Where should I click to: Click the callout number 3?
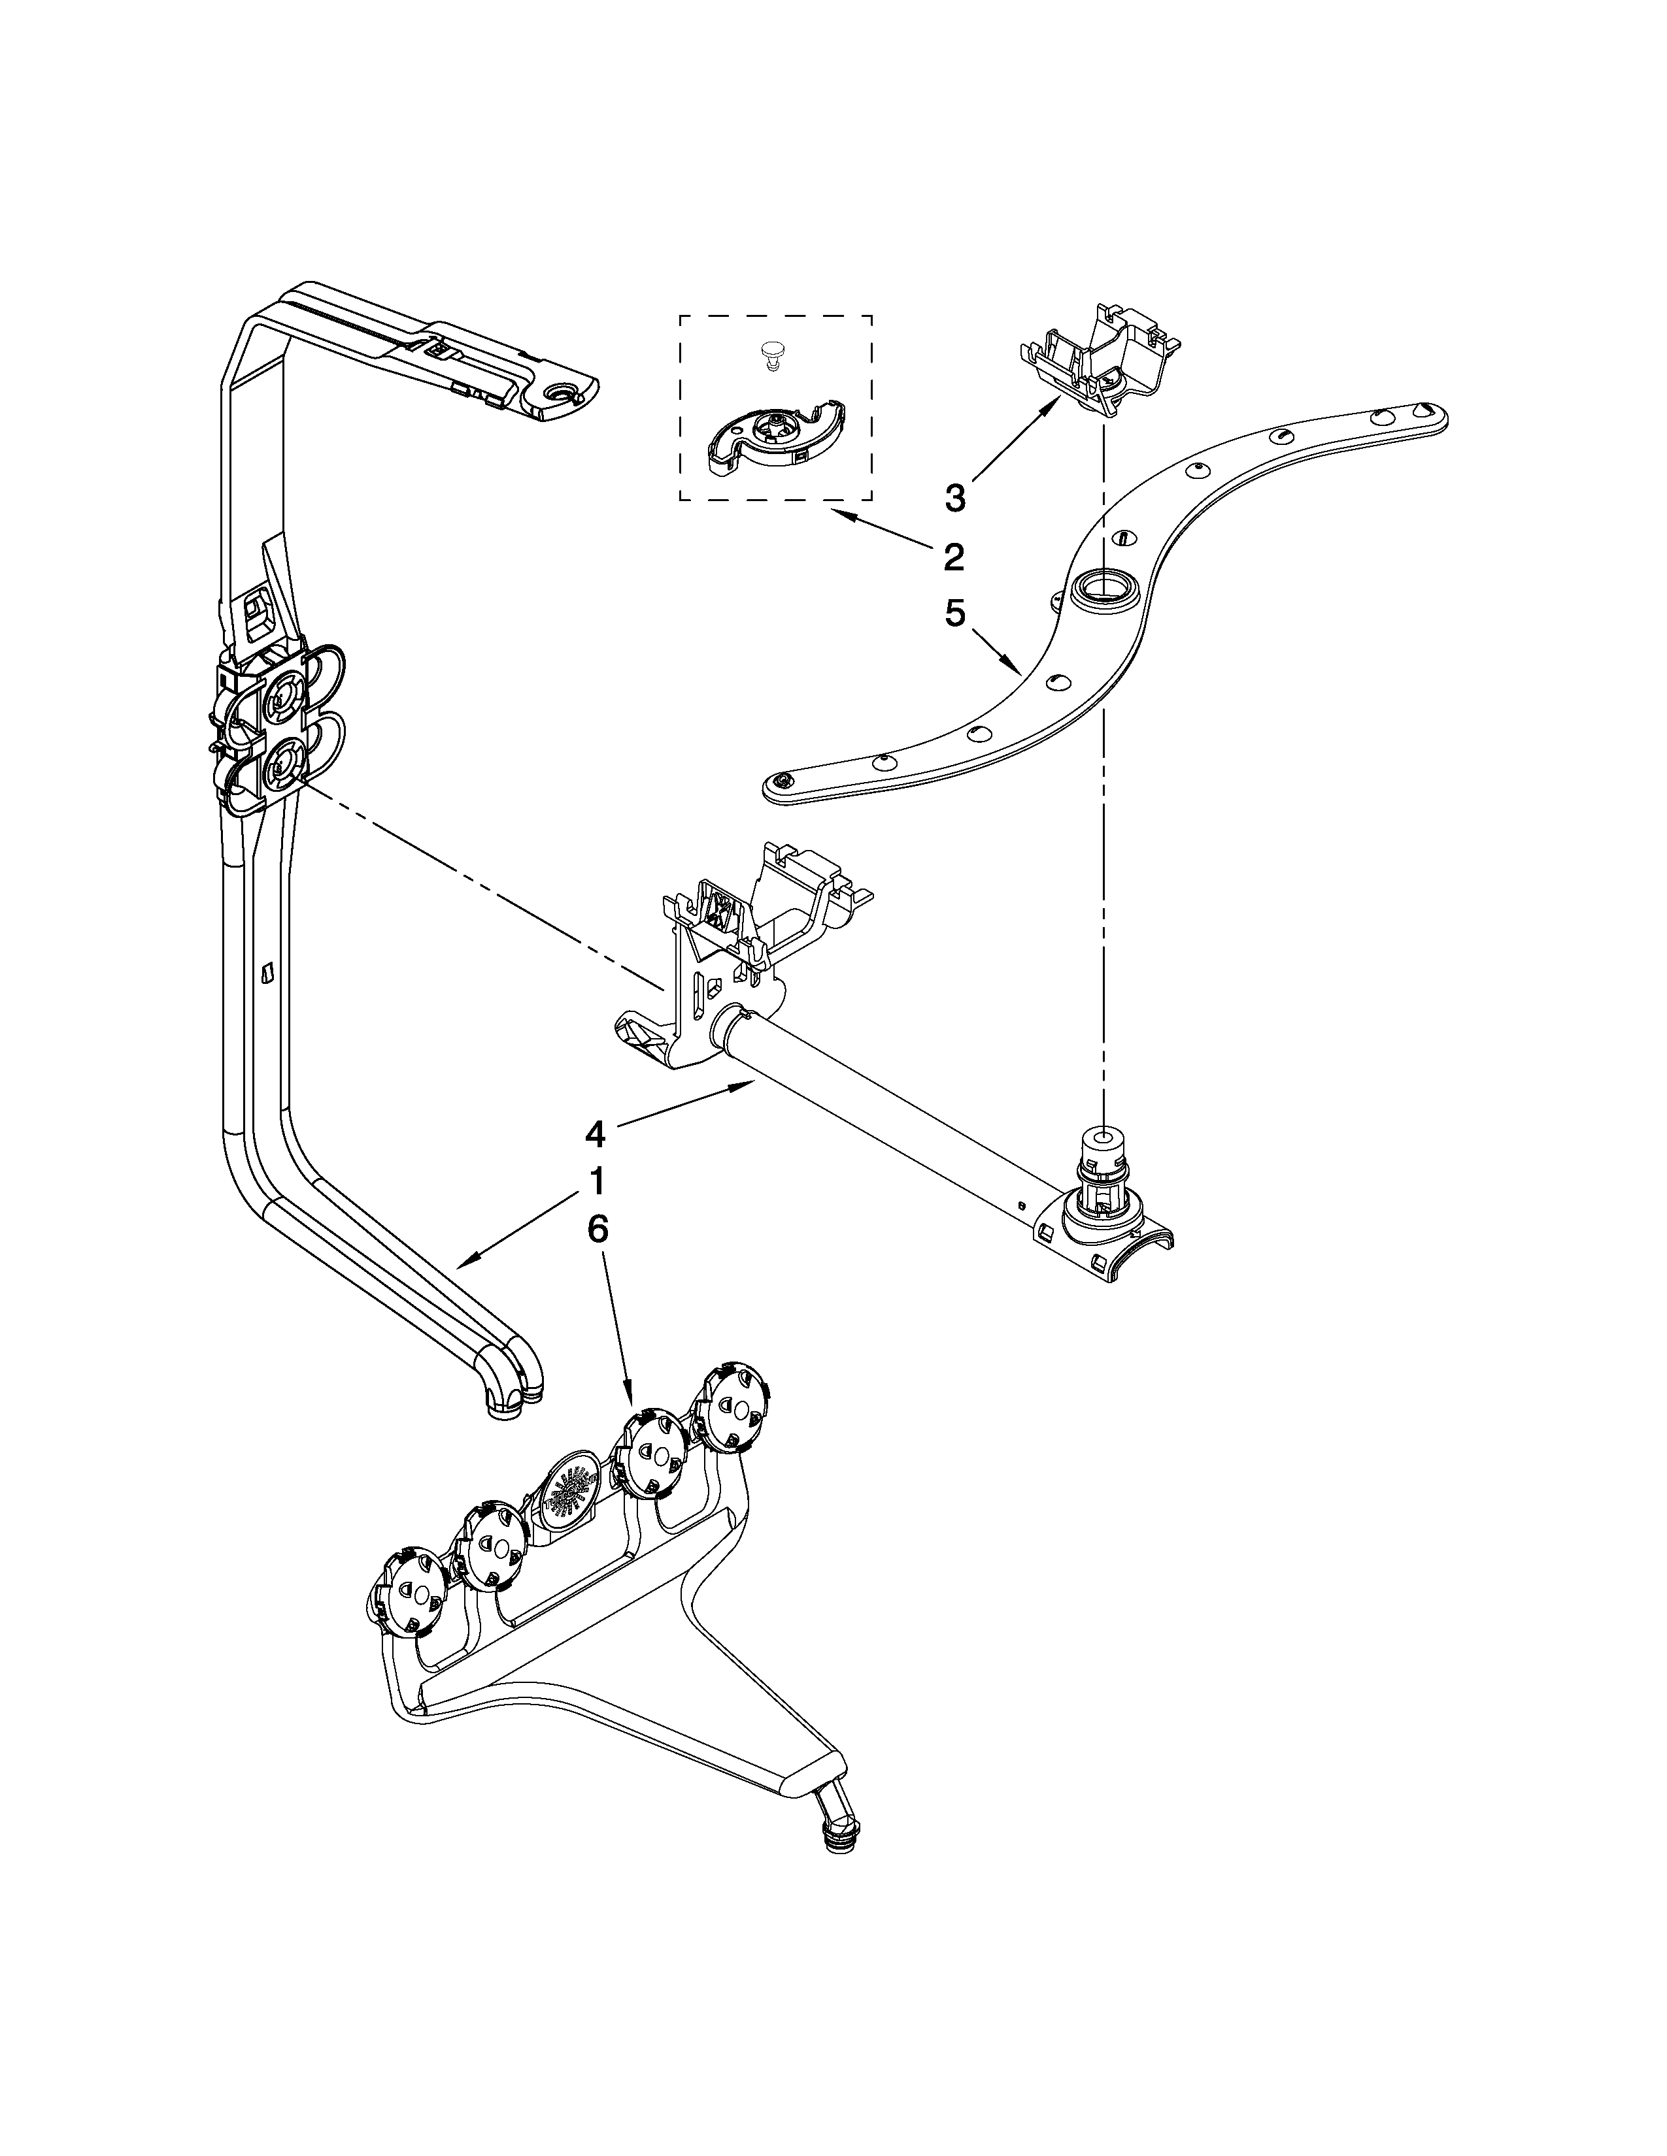[954, 498]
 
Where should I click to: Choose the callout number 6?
[596, 1228]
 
